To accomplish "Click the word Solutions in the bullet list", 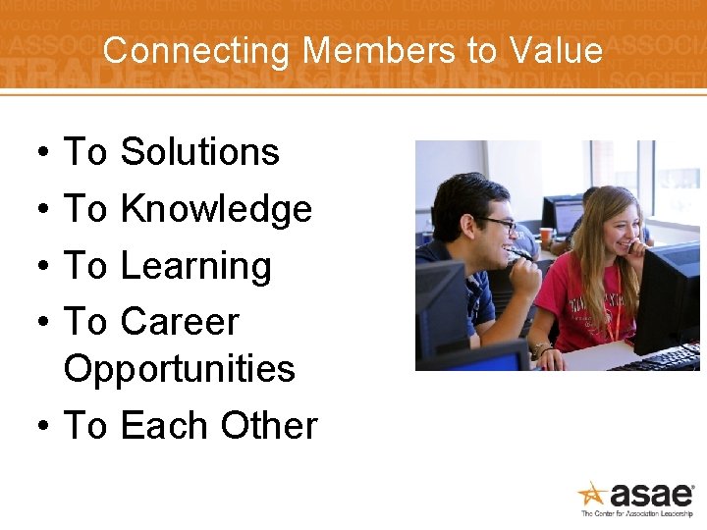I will point(199,152).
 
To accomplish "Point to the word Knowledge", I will point(216,209).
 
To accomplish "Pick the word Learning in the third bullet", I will point(195,266).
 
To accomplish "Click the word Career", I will point(180,322).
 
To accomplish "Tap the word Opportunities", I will point(179,369).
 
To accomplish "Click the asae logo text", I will point(652,494).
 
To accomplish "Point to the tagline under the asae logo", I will point(637,513).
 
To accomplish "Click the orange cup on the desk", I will point(546,237).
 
